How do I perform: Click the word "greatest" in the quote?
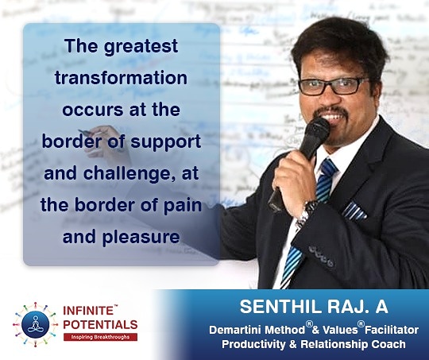pyautogui.click(x=141, y=47)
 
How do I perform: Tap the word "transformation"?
pyautogui.click(x=122, y=78)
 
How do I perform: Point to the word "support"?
pyautogui.click(x=166, y=142)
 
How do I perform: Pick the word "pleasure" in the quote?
pyautogui.click(x=141, y=237)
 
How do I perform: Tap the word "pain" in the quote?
pyautogui.click(x=183, y=206)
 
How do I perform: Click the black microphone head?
pyautogui.click(x=317, y=131)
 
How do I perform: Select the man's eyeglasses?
pyautogui.click(x=333, y=87)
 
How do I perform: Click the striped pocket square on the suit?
pyautogui.click(x=354, y=211)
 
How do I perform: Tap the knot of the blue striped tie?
pyautogui.click(x=328, y=168)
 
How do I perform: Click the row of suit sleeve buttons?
pyautogui.click(x=321, y=256)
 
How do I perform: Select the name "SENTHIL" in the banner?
pyautogui.click(x=280, y=307)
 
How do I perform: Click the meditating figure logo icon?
pyautogui.click(x=35, y=324)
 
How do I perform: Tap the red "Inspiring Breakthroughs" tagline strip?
pyautogui.click(x=100, y=337)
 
